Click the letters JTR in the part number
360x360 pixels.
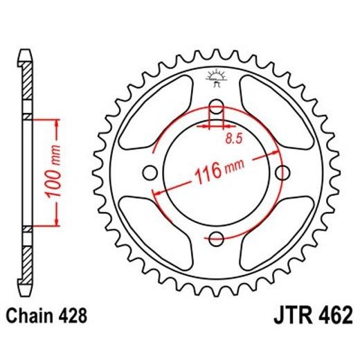(x=284, y=318)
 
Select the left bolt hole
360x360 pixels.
(x=150, y=173)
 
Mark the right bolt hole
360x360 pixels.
(x=283, y=173)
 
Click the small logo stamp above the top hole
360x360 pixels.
(x=216, y=78)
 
